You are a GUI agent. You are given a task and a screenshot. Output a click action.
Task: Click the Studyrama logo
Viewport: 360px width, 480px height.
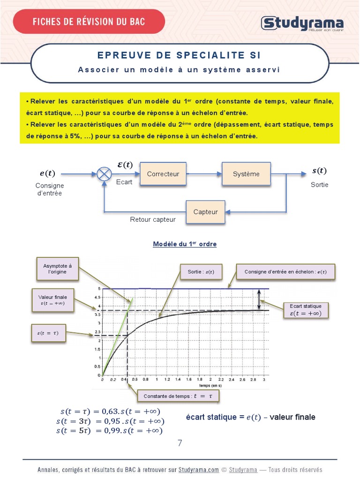pyautogui.click(x=302, y=23)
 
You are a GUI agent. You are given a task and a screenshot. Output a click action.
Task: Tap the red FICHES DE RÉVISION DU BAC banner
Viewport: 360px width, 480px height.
pyautogui.click(x=89, y=22)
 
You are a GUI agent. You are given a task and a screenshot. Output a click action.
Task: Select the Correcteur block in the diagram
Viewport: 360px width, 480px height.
pyautogui.click(x=163, y=174)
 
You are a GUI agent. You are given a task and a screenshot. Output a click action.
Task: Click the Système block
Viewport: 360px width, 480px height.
pyautogui.click(x=246, y=174)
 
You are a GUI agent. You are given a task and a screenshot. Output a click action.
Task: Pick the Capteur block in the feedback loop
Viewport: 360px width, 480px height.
pyautogui.click(x=205, y=212)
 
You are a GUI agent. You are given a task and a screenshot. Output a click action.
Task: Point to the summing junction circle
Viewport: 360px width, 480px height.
pyautogui.click(x=104, y=174)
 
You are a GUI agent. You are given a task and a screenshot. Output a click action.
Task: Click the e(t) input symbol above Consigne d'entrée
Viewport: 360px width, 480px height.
pyautogui.click(x=47, y=174)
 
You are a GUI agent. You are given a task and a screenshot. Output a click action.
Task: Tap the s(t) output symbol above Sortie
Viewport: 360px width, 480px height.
pyautogui.click(x=319, y=171)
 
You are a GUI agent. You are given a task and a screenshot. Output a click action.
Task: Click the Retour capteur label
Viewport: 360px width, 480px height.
pyautogui.click(x=153, y=219)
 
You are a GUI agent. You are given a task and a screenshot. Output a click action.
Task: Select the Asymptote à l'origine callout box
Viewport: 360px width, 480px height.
pyautogui.click(x=58, y=269)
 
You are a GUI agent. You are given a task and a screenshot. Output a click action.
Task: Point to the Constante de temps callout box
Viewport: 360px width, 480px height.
pyautogui.click(x=178, y=396)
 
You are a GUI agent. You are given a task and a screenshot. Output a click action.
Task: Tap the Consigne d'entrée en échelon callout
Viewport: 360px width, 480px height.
pyautogui.click(x=285, y=272)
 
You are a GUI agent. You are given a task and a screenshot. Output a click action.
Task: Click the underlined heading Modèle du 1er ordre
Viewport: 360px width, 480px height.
pyautogui.click(x=185, y=244)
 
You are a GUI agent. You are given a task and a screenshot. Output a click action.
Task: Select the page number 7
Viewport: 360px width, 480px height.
pyautogui.click(x=180, y=443)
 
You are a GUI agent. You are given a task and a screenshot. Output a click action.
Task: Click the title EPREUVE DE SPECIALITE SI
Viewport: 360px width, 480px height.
pyautogui.click(x=179, y=55)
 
